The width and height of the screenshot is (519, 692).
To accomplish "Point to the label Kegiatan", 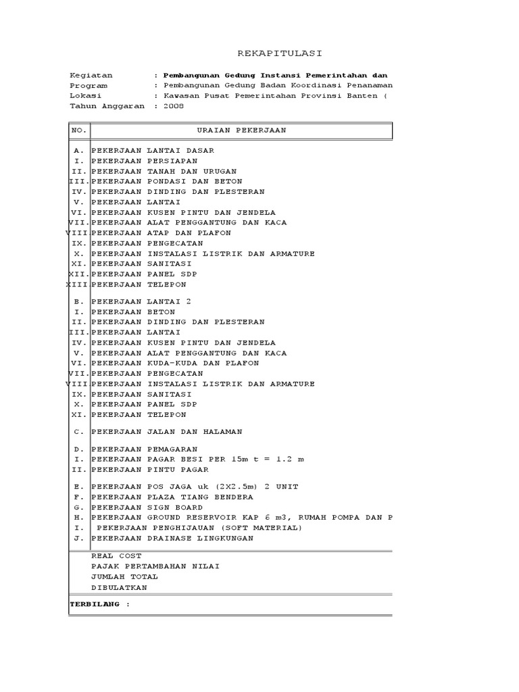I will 91,75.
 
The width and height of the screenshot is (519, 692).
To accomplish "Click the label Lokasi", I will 85,96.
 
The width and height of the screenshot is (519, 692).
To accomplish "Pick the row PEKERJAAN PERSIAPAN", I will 144,161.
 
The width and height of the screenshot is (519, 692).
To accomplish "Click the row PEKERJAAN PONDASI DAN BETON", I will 166,182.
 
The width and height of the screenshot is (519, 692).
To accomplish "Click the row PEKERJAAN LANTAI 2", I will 141,301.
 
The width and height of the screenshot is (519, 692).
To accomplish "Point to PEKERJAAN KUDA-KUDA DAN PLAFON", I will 175,363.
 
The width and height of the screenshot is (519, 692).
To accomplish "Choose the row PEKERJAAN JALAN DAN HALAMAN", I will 166,431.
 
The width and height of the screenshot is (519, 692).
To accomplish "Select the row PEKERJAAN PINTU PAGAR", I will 149,470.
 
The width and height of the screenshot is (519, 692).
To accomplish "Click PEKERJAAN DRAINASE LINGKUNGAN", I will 172,539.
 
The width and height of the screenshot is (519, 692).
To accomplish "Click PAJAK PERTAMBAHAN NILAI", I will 155,566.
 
